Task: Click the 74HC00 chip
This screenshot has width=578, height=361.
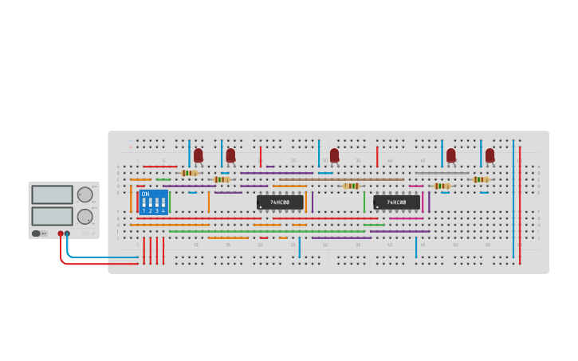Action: pyautogui.click(x=280, y=202)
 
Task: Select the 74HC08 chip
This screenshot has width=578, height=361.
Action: pyautogui.click(x=396, y=202)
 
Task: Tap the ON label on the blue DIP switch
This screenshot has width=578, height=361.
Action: pyautogui.click(x=145, y=194)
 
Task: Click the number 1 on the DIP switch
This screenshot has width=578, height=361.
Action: pyautogui.click(x=144, y=210)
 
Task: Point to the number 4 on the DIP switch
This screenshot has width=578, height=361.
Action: pyautogui.click(x=163, y=210)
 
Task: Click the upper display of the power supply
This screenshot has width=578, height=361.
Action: pyautogui.click(x=53, y=194)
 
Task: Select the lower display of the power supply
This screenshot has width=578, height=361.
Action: pyautogui.click(x=53, y=216)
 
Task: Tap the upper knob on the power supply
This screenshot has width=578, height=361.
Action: pyautogui.click(x=85, y=194)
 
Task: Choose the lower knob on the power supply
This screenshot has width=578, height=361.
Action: pyautogui.click(x=85, y=216)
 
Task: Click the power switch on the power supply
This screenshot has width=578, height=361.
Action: pyautogui.click(x=37, y=233)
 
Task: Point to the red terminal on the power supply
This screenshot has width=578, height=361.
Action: pyautogui.click(x=61, y=233)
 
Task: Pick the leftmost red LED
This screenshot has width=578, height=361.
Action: pyautogui.click(x=199, y=155)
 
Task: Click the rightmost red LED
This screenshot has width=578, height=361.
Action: pyautogui.click(x=490, y=155)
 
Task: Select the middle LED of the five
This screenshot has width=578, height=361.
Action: pyautogui.click(x=334, y=155)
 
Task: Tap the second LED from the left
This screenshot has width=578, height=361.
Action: pyautogui.click(x=230, y=155)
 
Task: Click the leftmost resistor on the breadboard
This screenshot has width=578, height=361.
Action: pyautogui.click(x=189, y=173)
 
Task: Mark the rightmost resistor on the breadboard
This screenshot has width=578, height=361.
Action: pyautogui.click(x=481, y=179)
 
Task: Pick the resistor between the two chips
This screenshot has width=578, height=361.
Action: pyautogui.click(x=351, y=186)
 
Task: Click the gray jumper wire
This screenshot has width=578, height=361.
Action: pyautogui.click(x=442, y=173)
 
